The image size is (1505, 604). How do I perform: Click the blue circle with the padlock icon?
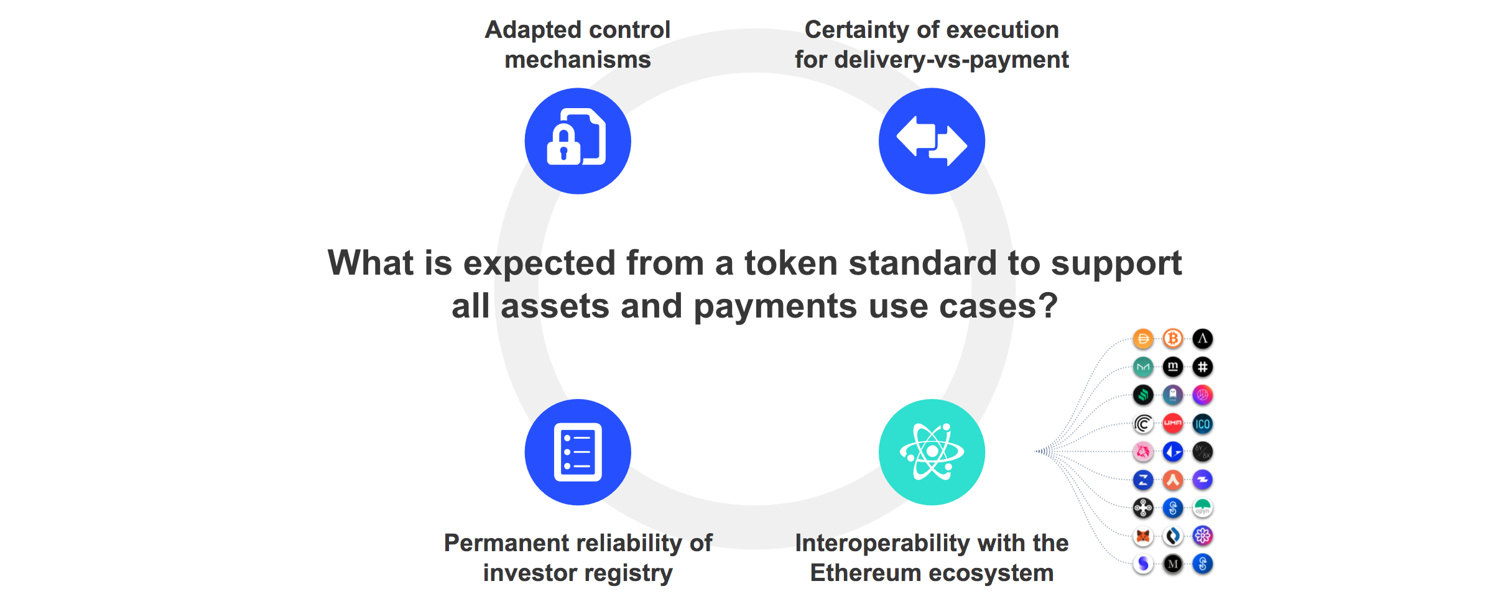(578, 141)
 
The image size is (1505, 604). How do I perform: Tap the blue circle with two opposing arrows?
(932, 141)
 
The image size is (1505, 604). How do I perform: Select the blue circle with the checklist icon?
(578, 452)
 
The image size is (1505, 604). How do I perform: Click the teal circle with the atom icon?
(932, 452)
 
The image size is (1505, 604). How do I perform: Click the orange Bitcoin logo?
(1173, 339)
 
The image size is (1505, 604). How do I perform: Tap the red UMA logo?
(1173, 423)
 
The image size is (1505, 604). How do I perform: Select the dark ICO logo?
(1203, 424)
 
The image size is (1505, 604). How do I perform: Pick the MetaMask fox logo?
(1143, 536)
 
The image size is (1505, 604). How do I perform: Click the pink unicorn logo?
(1143, 452)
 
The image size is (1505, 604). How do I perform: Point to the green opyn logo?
(1203, 508)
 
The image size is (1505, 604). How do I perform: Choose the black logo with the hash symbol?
(1203, 367)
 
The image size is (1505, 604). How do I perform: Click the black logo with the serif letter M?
(1173, 564)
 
